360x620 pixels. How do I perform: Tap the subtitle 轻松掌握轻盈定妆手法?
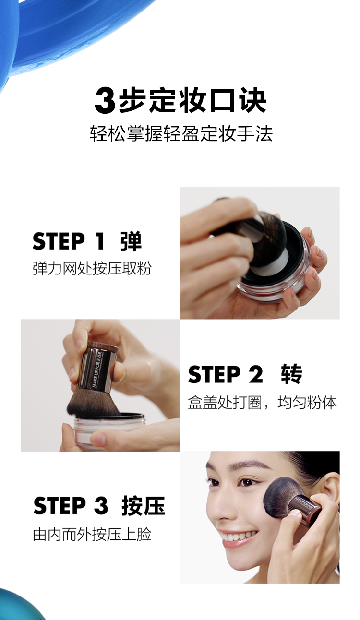[181, 134]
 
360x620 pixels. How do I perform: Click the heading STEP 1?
[69, 241]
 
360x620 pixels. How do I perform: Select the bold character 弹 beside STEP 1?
[131, 241]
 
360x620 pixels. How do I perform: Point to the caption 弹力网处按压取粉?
[92, 268]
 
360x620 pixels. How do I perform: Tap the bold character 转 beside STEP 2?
[292, 374]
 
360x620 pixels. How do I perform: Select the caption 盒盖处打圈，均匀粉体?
[262, 402]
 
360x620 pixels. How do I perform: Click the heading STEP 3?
[71, 506]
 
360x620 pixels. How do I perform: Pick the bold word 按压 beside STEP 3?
[143, 506]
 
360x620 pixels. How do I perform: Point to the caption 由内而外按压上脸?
[92, 534]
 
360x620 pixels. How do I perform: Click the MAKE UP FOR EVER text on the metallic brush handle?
[97, 369]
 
